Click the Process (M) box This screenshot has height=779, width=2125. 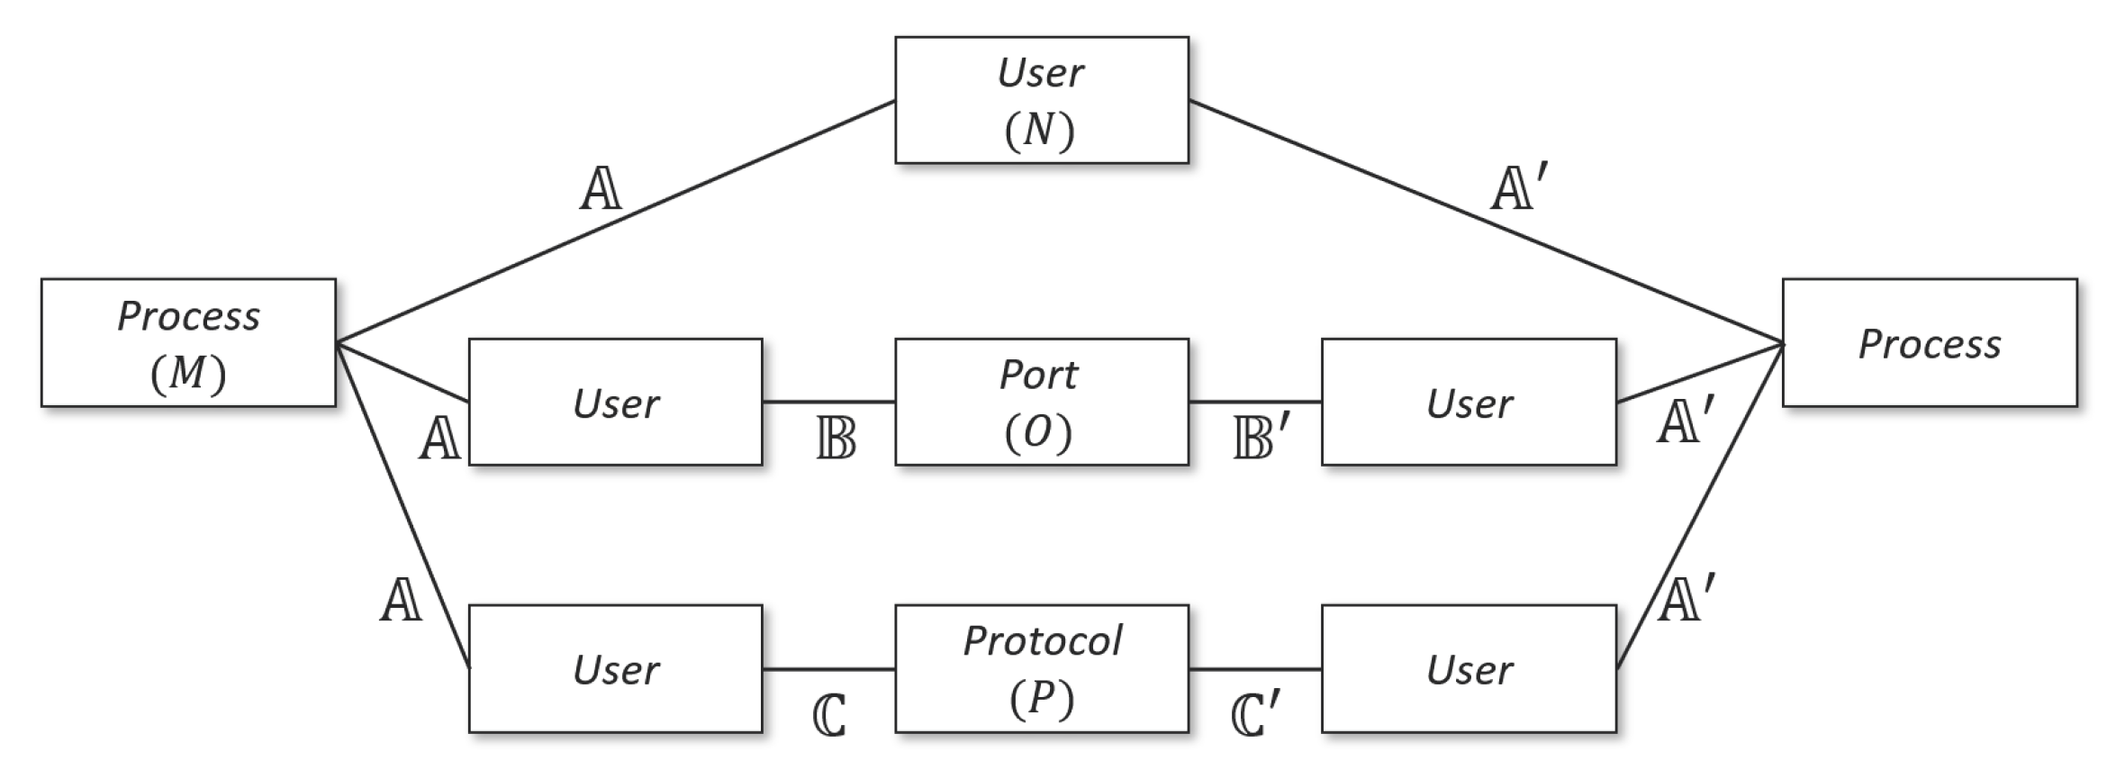pos(188,343)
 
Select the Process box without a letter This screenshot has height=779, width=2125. pos(1930,343)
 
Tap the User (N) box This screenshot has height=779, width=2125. pos(1042,100)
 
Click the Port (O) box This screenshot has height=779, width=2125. pos(1042,402)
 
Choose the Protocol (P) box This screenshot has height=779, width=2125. pos(1042,668)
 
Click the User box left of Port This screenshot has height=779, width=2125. pos(616,402)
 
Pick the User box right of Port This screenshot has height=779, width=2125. pos(1469,402)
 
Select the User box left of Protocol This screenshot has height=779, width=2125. pos(616,668)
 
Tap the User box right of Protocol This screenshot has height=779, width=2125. pos(1469,668)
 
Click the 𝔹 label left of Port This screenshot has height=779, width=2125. pos(836,439)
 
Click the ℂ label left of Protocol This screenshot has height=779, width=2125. pos(829,717)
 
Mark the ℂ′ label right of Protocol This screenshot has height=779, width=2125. pos(1254,715)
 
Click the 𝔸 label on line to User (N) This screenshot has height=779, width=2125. pos(601,190)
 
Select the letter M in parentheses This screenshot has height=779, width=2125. pos(187,372)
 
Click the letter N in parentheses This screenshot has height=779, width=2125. pos(1039,131)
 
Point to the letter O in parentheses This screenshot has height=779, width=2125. pos(1038,433)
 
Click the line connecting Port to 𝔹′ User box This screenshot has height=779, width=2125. pos(1255,402)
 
